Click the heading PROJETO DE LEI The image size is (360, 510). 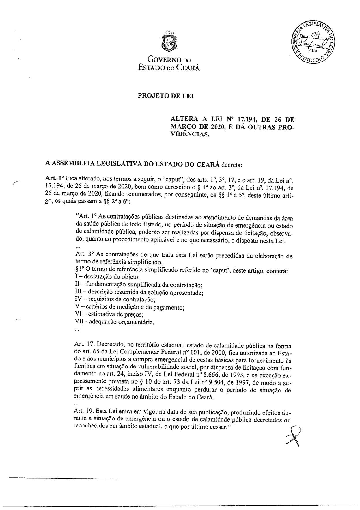[166, 96]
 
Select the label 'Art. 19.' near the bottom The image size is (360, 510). [84, 412]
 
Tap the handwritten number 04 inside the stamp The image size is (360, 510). [316, 35]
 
